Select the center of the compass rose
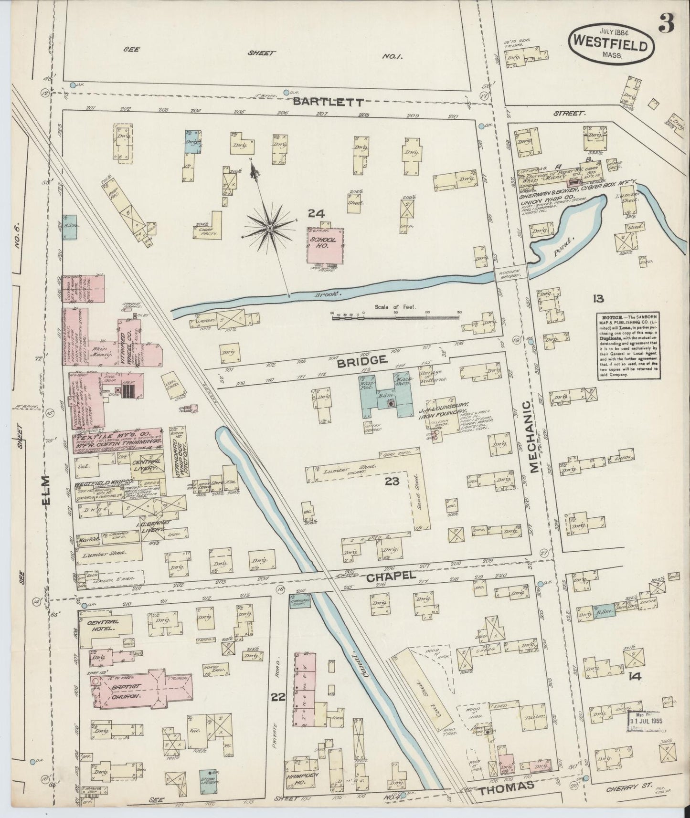click(x=269, y=229)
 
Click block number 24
click(x=316, y=213)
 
